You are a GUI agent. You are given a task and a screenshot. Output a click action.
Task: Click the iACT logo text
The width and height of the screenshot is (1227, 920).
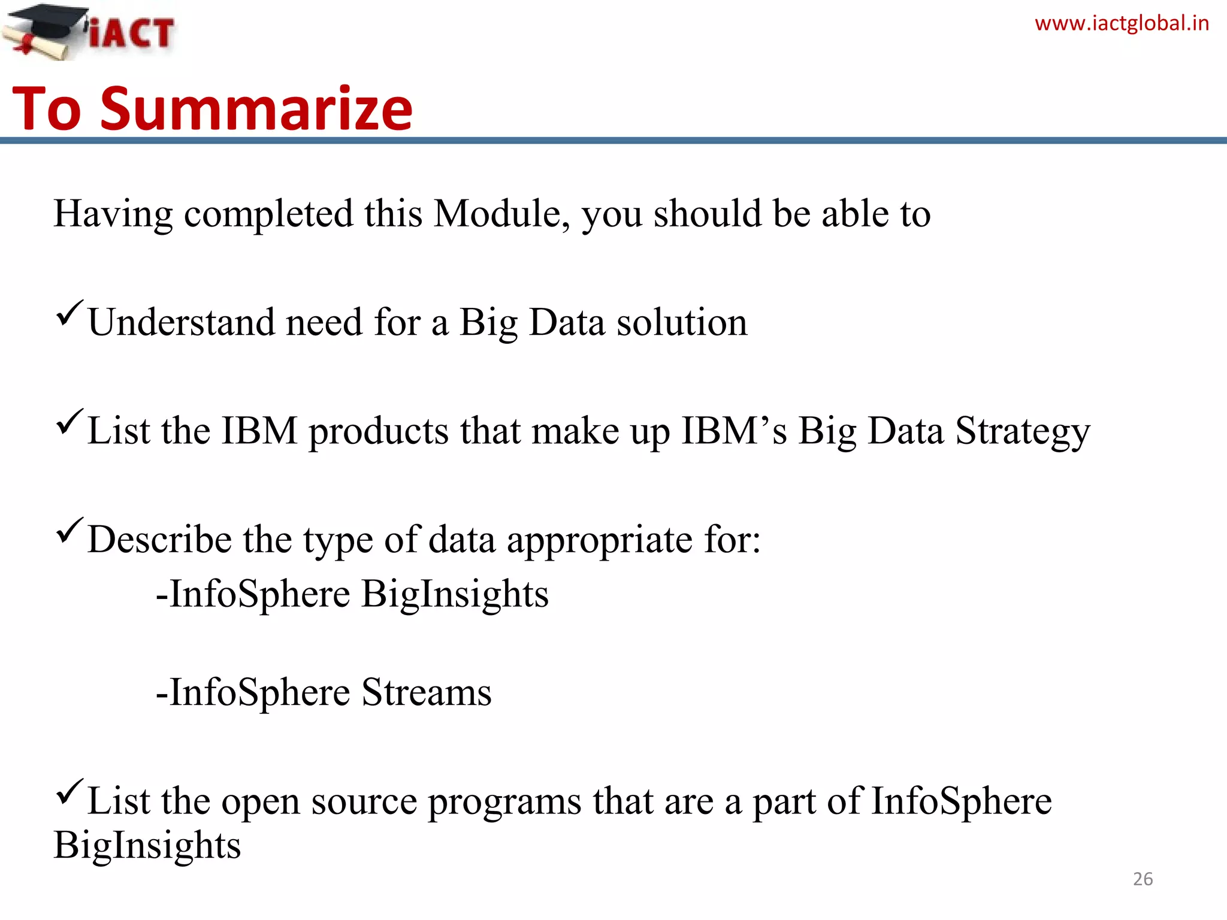[132, 33]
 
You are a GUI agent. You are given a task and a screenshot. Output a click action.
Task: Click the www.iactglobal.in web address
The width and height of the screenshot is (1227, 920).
[1122, 23]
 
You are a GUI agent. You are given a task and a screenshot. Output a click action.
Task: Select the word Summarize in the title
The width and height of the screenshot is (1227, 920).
[256, 109]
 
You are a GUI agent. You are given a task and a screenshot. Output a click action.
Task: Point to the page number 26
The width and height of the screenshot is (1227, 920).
[1143, 879]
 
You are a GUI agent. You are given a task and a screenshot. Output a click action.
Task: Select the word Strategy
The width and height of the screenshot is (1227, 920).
[1022, 432]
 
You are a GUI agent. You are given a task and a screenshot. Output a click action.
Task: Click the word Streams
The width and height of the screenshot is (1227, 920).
[426, 692]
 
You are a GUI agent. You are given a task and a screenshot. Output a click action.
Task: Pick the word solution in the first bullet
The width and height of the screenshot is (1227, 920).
[682, 323]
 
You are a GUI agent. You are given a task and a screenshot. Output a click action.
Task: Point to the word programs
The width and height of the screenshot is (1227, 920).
[504, 803]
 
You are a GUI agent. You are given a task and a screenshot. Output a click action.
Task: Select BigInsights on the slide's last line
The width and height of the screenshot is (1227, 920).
[147, 846]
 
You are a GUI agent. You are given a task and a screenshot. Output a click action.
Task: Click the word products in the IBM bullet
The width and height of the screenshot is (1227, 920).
[378, 432]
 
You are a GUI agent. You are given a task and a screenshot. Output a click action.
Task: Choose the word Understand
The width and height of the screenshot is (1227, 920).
[181, 323]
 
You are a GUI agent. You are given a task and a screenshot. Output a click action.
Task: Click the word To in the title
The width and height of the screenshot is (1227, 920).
[47, 109]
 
